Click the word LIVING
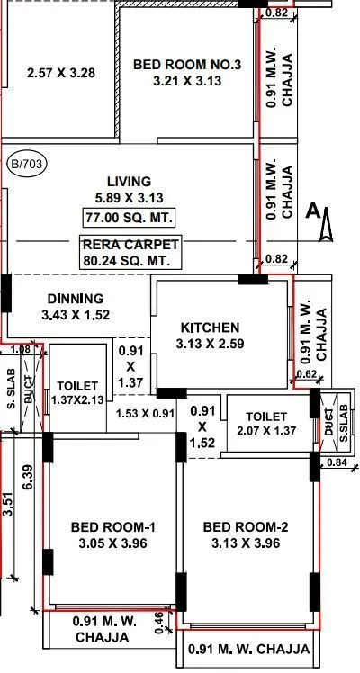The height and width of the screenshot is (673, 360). pyautogui.click(x=128, y=181)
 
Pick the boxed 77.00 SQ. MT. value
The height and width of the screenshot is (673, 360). pyautogui.click(x=130, y=218)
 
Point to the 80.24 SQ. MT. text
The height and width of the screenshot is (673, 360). pyautogui.click(x=130, y=261)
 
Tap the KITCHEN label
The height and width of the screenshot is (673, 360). pyautogui.click(x=210, y=327)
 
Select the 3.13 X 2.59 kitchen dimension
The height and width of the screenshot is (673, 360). pyautogui.click(x=210, y=343)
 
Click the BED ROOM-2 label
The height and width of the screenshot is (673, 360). pyautogui.click(x=245, y=525)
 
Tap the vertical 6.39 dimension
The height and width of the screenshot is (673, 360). pyautogui.click(x=28, y=476)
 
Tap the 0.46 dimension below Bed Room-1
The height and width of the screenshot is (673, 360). pyautogui.click(x=158, y=620)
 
